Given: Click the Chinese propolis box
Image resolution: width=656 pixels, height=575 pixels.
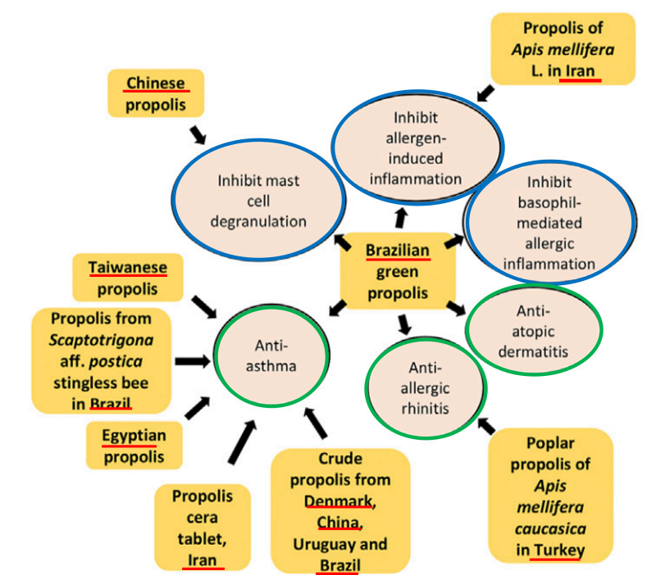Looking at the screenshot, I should point(155,93).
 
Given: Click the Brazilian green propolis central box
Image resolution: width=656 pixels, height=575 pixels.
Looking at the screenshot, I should point(397,271).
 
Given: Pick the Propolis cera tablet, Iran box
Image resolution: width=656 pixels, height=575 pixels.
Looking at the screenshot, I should point(202,527).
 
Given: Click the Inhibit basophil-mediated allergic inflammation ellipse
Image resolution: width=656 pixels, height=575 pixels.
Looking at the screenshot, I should point(549,222).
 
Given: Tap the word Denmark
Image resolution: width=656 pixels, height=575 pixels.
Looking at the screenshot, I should point(339,500).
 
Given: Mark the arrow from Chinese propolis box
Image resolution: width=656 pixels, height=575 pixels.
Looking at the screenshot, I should point(198,133).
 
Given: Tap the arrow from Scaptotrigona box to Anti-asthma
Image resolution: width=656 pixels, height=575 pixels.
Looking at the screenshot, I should point(190,360).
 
